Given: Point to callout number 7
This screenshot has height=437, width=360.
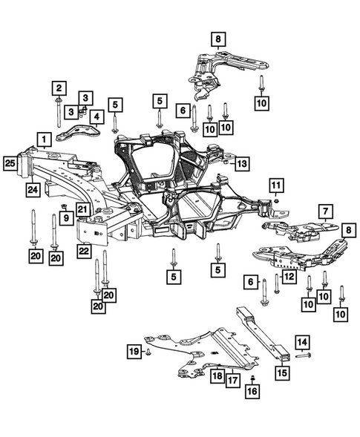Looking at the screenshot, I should [x=324, y=211].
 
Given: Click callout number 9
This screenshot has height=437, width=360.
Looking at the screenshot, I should [x=65, y=218].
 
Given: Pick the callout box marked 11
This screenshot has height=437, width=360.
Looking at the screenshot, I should [x=276, y=185].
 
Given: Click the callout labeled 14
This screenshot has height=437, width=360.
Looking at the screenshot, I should [x=302, y=342].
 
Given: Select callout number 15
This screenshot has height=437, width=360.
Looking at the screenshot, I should [x=283, y=372].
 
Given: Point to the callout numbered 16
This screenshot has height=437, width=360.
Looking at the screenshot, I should [x=252, y=390].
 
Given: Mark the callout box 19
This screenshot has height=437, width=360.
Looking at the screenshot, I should [x=133, y=350].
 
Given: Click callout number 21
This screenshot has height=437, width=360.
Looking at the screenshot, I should [x=83, y=210].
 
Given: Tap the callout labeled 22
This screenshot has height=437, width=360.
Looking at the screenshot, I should [x=84, y=252].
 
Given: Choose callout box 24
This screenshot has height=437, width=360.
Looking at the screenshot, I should [x=33, y=190].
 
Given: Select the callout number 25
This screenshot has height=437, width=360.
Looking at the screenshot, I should [x=10, y=162].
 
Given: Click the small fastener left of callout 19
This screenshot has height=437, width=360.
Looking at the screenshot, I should [x=148, y=351].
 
